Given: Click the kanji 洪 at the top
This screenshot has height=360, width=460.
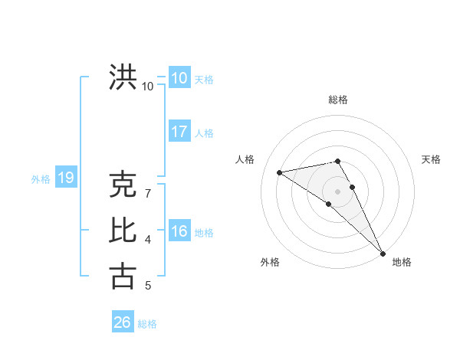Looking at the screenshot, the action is [123, 77].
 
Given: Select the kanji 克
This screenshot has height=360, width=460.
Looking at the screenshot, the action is [123, 185].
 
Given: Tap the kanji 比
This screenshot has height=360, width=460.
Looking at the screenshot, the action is [123, 230].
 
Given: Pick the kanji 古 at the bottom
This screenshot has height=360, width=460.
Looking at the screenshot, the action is [123, 276].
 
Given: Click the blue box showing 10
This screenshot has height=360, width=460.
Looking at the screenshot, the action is [179, 78].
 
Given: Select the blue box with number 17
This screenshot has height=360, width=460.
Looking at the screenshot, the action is [179, 132].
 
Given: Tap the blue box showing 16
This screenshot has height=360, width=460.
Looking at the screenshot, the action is [179, 231].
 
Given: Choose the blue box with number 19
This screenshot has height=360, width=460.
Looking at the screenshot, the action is [65, 178].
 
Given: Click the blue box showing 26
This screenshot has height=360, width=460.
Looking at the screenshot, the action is [122, 322].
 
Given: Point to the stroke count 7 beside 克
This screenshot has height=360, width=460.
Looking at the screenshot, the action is [148, 194].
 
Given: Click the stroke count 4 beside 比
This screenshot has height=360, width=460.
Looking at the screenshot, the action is [148, 240].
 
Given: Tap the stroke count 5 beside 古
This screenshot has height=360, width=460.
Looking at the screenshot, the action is [148, 286].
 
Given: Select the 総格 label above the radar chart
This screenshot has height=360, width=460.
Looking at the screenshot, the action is [338, 100].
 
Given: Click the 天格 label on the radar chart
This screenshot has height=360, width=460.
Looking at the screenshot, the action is [432, 159].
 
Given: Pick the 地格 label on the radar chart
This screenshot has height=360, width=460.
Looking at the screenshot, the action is [402, 262].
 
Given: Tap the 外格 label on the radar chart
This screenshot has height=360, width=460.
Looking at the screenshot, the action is [270, 262].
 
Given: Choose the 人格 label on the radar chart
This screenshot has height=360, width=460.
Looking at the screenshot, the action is [245, 159].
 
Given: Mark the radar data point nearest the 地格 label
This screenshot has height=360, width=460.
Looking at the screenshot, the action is [382, 252].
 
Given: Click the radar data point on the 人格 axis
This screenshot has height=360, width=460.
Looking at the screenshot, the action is [280, 172].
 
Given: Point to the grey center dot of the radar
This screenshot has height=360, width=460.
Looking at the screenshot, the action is [337, 191].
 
